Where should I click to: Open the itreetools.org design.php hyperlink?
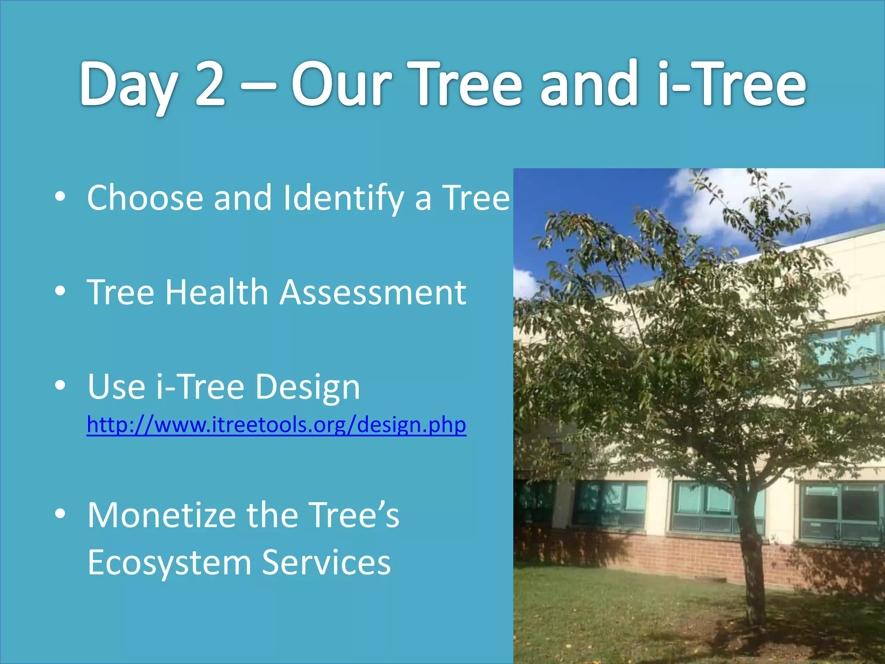click(x=276, y=425)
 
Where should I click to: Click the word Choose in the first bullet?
click(x=145, y=198)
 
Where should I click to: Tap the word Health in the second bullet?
click(x=217, y=292)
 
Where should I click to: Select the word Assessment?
click(x=373, y=292)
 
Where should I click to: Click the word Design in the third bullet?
click(x=307, y=387)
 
